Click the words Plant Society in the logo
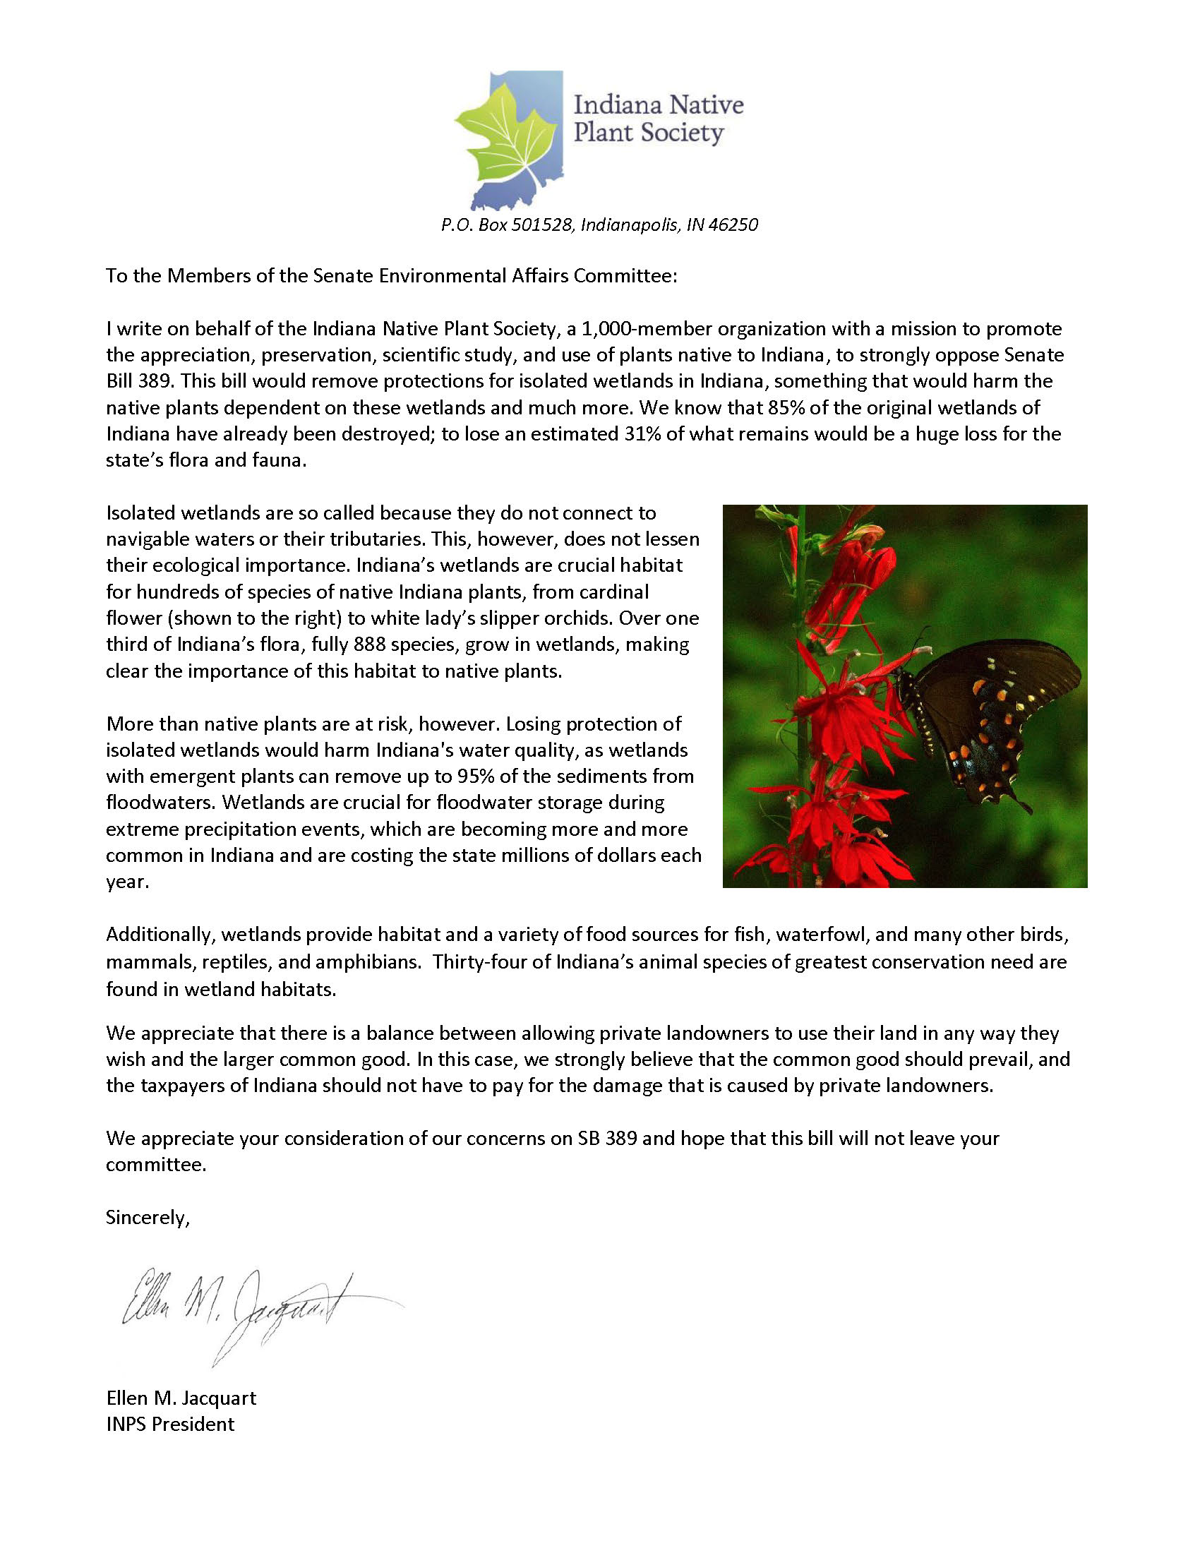pyautogui.click(x=647, y=133)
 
